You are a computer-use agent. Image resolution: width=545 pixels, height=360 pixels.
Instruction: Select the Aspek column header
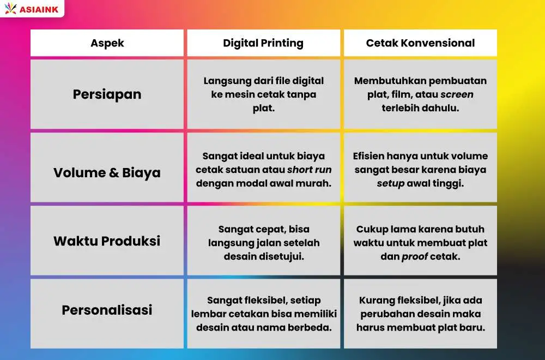107,43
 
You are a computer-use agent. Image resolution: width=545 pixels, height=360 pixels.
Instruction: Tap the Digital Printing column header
263,43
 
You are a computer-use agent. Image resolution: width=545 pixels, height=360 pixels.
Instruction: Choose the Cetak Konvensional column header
420,43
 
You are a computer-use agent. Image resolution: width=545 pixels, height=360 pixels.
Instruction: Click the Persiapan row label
107,94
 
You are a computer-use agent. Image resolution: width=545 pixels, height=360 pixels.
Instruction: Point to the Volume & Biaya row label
107,173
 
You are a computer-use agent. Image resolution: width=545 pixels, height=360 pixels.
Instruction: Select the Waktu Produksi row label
107,241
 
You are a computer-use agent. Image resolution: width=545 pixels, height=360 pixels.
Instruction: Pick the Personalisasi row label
107,310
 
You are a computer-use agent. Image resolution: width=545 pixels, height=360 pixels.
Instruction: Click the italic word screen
457,94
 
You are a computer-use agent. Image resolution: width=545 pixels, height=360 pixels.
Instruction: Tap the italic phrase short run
309,170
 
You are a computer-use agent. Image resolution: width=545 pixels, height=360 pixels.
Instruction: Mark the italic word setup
391,183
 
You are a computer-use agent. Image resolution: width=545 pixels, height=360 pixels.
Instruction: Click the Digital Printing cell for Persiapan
263,94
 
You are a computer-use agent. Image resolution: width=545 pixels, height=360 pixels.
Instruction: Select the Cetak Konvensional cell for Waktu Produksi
420,243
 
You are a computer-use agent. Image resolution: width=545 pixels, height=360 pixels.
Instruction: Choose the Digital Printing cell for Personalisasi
263,314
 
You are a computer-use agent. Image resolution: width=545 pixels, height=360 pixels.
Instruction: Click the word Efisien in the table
370,156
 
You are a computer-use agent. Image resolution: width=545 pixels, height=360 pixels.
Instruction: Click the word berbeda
311,328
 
